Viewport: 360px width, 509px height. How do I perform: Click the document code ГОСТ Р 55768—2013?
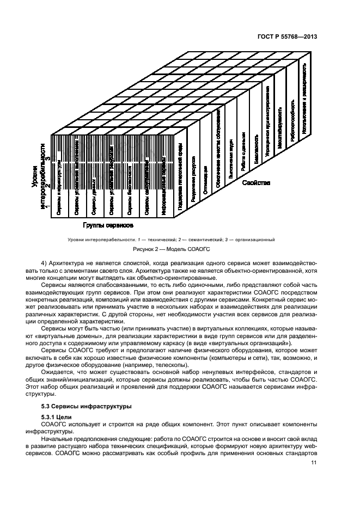click(288, 36)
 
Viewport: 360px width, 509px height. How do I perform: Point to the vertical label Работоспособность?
click(292, 120)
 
